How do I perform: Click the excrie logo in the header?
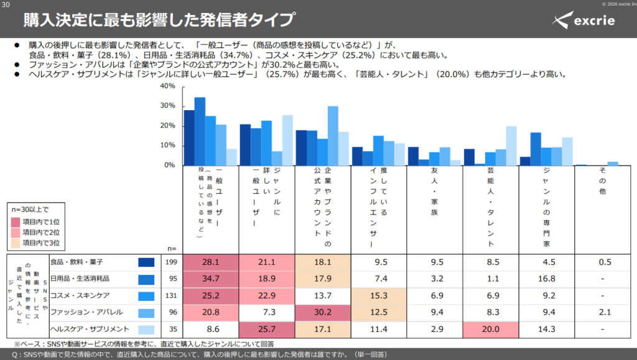coord(584,20)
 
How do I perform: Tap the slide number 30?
coord(6,5)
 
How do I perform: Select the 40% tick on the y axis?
coord(167,86)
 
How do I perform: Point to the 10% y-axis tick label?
coord(167,145)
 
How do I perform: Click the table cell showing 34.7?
coord(211,279)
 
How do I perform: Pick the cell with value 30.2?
coord(323,312)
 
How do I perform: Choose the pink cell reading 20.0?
coord(491,329)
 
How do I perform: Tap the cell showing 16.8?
coord(546,279)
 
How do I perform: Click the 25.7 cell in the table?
coord(266,329)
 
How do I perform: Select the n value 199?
coord(172,262)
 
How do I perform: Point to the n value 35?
coord(173,329)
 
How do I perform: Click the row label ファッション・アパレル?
coord(86,312)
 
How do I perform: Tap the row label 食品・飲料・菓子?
coord(77,262)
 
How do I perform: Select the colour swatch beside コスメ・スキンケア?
coord(146,296)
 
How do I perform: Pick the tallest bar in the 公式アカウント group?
coord(333,136)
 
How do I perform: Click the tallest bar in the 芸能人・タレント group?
coord(511,146)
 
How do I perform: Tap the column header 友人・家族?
coord(434,191)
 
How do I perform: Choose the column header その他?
coord(602,180)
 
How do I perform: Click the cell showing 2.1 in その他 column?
coord(605,312)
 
